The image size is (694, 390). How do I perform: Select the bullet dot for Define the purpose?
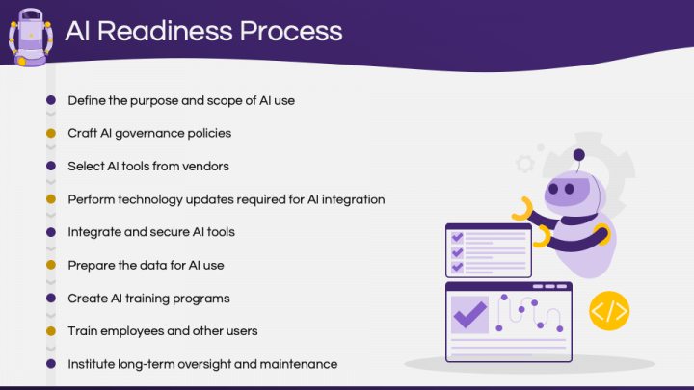tap(51, 100)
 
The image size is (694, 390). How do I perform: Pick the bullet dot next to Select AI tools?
tap(51, 166)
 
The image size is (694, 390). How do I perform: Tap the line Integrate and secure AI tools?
tap(151, 232)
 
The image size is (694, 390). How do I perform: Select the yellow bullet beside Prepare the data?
tap(51, 265)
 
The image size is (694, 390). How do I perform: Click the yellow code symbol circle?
tap(609, 311)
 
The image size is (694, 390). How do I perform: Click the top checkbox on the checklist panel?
tap(458, 237)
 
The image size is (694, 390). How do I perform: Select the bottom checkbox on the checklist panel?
tap(458, 267)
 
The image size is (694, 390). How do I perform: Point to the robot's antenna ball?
tap(578, 154)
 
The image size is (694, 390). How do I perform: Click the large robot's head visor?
tap(573, 194)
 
